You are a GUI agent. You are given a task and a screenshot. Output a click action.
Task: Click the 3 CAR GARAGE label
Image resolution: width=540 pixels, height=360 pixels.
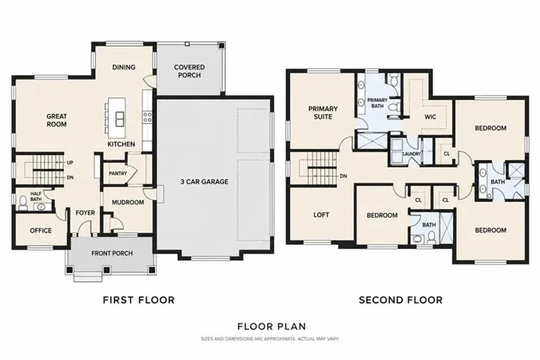click(204, 181)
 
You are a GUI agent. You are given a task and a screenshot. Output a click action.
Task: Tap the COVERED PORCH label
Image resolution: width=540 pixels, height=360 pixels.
click(190, 71)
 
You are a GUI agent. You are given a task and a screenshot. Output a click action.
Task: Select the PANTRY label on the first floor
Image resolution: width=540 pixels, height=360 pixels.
click(118, 173)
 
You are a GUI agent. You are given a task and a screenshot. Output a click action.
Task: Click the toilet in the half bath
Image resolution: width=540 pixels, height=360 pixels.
click(23, 203)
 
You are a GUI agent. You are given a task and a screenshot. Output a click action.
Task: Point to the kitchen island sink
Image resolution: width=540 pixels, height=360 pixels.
click(119, 119)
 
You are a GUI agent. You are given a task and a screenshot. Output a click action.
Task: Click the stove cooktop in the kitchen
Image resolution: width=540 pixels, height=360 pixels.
click(148, 116)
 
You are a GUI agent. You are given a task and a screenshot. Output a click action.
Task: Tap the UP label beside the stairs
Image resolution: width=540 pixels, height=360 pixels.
click(70, 162)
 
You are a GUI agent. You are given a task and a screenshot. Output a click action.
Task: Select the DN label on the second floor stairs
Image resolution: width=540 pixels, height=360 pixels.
click(343, 176)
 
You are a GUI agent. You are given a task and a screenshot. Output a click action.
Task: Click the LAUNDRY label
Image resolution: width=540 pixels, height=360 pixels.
click(412, 154)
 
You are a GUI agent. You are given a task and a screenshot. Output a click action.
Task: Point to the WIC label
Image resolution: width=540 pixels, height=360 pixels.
click(430, 117)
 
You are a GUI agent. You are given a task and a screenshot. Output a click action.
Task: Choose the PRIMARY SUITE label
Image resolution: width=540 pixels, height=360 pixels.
click(323, 112)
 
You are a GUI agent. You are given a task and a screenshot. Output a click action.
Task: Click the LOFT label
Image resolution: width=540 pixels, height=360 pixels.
click(321, 214)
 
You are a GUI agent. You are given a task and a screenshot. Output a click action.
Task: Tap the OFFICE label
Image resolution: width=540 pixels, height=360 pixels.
click(40, 230)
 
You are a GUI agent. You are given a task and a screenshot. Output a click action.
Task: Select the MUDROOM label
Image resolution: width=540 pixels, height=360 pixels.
click(127, 202)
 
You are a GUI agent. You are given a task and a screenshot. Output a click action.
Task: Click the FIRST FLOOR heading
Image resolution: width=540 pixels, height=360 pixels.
click(139, 300)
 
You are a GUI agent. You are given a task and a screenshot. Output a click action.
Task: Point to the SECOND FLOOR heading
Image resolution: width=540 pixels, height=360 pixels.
click(400, 300)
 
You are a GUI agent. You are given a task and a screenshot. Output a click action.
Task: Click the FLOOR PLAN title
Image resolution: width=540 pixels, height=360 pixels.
click(271, 326)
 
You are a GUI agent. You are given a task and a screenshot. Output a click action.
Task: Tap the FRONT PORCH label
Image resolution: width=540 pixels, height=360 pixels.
click(112, 253)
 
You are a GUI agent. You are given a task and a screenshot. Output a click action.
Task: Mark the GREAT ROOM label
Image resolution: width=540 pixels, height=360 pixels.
click(56, 120)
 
